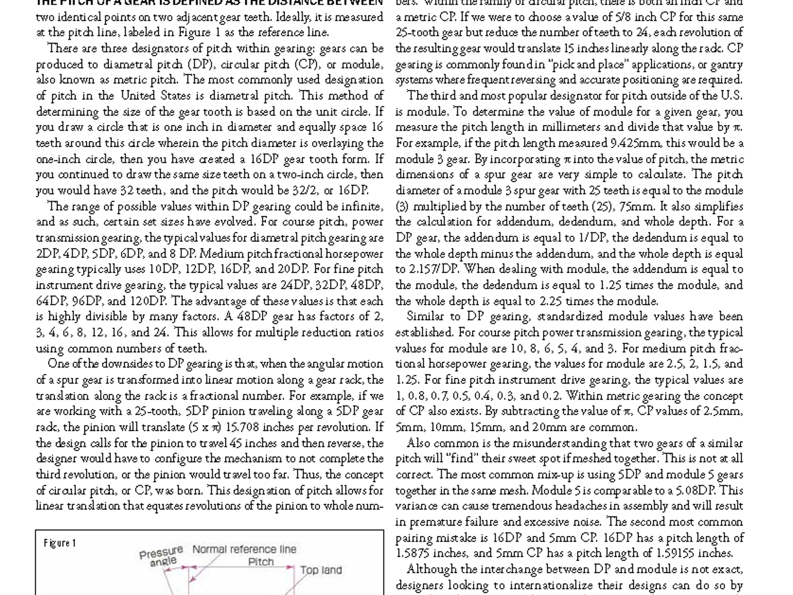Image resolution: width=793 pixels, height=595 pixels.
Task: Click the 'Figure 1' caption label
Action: tap(60, 543)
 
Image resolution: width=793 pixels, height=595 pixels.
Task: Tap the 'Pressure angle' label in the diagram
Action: tap(161, 555)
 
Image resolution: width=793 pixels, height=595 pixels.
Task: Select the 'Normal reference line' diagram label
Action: tap(244, 549)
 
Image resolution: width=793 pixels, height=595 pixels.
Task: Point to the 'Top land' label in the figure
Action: tap(321, 570)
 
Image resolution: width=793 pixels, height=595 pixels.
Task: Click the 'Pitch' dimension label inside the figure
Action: tap(261, 562)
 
